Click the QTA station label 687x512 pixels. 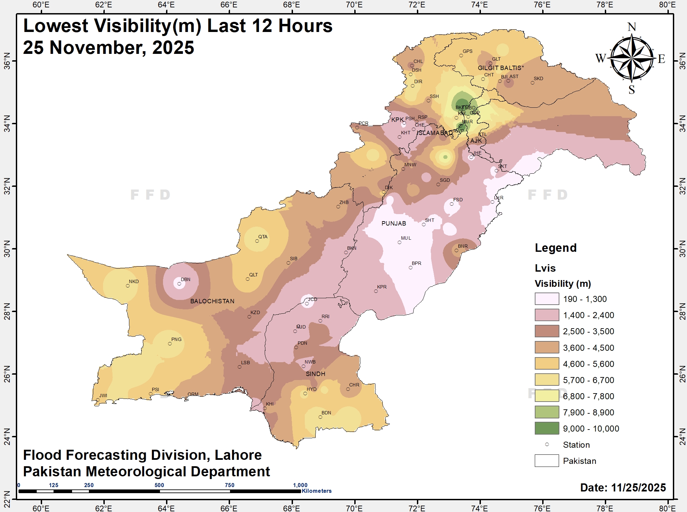coord(263,237)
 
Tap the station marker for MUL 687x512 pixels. coord(399,242)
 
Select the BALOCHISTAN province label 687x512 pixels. coord(212,301)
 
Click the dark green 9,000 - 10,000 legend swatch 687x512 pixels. coord(547,428)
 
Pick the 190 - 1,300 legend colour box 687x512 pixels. coord(547,299)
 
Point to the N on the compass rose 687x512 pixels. coord(632,27)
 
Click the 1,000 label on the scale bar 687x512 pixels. coord(300,485)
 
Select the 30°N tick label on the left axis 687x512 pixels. coord(6,249)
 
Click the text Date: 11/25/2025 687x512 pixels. coord(623,487)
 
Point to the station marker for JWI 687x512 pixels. coord(98,400)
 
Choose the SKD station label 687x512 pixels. coord(538,78)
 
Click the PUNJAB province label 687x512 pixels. coord(393,223)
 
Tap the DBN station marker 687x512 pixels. coord(179,284)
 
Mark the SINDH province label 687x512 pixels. coord(315,374)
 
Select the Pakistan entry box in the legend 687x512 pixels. coord(547,460)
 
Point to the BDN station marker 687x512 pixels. coord(320,417)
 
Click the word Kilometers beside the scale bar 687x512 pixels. coord(317,491)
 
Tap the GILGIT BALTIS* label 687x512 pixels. coord(500,68)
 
